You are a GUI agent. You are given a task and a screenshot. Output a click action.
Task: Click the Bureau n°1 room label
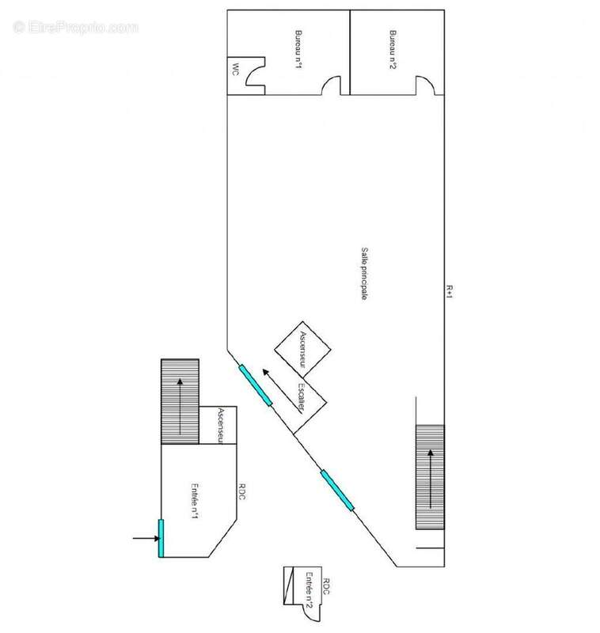click(298, 49)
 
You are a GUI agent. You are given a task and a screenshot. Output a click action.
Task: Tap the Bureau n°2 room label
click(393, 49)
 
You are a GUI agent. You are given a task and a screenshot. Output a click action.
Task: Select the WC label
click(235, 70)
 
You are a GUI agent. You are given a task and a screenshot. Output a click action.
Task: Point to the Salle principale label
click(364, 273)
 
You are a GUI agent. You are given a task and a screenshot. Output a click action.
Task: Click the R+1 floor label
click(450, 291)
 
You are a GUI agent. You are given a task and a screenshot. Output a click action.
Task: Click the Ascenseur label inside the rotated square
click(303, 349)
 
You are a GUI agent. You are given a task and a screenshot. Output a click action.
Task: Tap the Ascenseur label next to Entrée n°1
click(221, 425)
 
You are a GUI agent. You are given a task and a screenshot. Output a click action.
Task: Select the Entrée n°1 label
click(195, 501)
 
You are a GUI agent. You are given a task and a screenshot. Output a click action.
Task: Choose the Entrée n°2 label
click(309, 590)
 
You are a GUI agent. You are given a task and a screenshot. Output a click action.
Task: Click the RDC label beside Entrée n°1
click(241, 491)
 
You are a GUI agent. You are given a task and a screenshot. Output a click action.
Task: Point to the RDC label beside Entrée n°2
click(326, 586)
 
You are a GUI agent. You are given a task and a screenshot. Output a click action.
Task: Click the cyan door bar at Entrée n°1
click(161, 538)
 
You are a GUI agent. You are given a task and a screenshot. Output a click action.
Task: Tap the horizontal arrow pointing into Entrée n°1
click(146, 538)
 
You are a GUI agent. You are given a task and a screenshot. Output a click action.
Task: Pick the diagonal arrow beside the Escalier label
click(283, 391)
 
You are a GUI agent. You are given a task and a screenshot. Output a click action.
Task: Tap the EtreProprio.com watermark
click(75, 28)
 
